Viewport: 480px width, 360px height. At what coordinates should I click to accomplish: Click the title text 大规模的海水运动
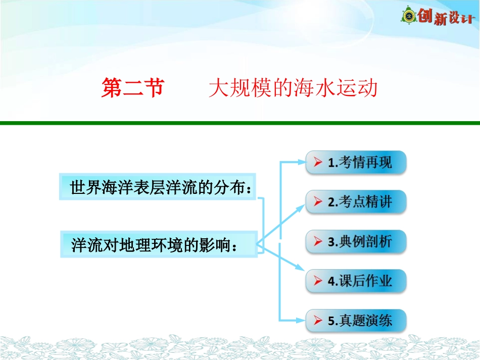293,89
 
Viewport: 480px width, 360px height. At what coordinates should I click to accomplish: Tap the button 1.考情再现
356,163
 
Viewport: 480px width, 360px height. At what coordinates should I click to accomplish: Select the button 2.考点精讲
356,202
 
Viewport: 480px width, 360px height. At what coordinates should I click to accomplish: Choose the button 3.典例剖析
356,241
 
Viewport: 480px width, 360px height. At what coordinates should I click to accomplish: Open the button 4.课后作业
356,281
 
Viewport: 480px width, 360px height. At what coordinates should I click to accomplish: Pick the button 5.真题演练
356,320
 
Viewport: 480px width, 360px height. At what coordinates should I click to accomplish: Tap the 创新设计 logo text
446,18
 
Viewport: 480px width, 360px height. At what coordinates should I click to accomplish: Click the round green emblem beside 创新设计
408,16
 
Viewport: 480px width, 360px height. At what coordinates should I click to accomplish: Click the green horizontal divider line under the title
240,123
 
